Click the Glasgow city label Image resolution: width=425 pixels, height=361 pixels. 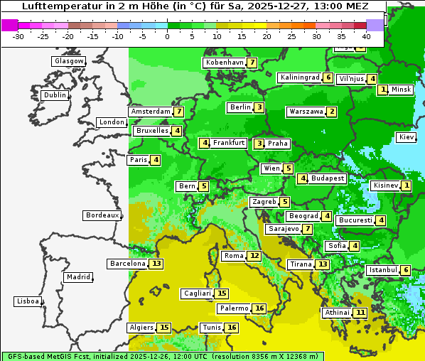[69, 61]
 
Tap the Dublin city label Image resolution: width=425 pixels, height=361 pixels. [55, 95]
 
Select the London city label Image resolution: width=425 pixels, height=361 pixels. [112, 122]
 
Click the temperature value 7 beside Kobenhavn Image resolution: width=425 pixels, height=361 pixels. [252, 63]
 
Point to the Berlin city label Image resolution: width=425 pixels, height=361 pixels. [240, 107]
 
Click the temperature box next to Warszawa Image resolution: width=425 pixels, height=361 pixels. [331, 112]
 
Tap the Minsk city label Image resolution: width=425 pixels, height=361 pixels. [401, 90]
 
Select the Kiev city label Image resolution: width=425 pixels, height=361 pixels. [407, 137]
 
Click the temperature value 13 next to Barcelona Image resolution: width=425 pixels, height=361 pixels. [156, 264]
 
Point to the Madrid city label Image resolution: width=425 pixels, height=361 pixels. [77, 277]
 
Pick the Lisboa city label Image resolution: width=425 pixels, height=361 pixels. [27, 301]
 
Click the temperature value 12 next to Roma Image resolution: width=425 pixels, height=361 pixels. [254, 256]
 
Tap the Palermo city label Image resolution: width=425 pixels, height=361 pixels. [233, 308]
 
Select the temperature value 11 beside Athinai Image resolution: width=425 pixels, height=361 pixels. [360, 313]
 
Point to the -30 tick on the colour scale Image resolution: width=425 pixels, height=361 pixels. [18, 36]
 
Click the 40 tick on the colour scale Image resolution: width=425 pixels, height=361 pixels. [366, 36]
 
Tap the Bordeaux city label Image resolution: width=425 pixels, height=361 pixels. [102, 215]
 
